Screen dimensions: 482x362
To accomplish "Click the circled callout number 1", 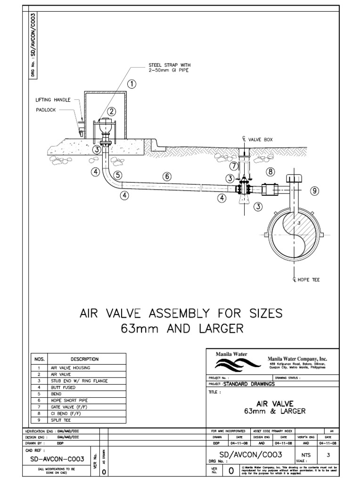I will [x=132, y=84].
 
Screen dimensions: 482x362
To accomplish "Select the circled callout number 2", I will [x=112, y=112].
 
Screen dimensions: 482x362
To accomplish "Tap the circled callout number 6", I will [x=166, y=176].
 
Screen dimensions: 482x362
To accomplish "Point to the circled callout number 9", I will [x=315, y=191].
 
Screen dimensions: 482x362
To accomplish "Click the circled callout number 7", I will [x=234, y=165].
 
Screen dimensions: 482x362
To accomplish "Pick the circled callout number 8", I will [x=271, y=171].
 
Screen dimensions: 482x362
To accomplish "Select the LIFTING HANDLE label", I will [x=53, y=100].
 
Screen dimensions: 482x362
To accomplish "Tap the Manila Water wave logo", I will [x=234, y=364].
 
